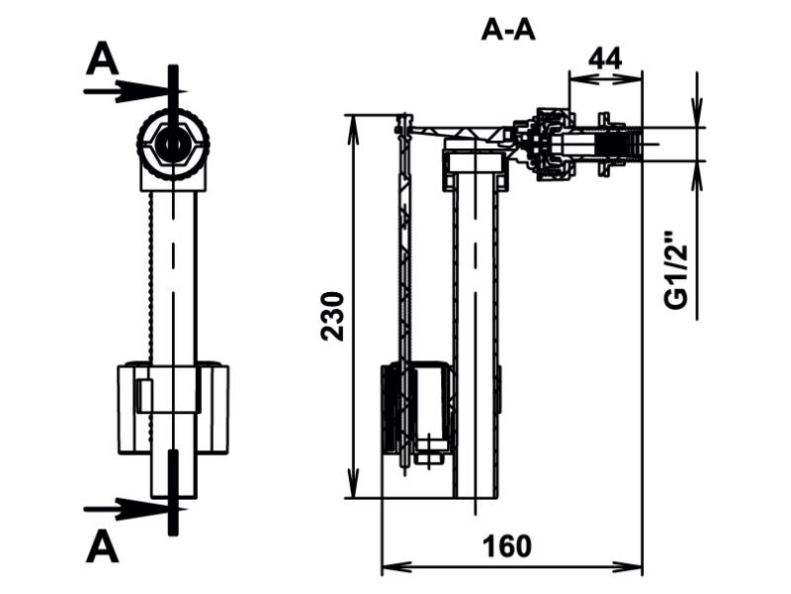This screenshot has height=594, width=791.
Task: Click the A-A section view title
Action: tap(508, 31)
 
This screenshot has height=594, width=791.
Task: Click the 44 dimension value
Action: tap(605, 58)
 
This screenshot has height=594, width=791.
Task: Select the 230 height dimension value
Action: tap(333, 316)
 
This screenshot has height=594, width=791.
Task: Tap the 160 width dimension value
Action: tap(507, 546)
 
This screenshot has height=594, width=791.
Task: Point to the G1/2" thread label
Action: tap(676, 270)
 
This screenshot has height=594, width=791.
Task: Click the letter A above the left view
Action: tap(103, 59)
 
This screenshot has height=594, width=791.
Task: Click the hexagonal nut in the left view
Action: tap(173, 145)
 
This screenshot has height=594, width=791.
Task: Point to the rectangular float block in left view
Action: tap(173, 408)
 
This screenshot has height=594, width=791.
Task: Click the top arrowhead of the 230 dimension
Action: tap(353, 127)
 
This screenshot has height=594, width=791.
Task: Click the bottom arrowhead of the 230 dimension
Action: tap(353, 486)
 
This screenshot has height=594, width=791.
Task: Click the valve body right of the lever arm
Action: tap(545, 144)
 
